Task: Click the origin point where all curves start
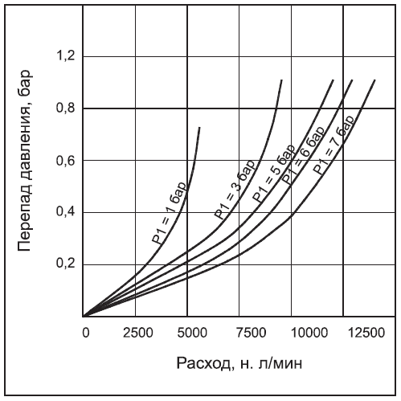point(83,316)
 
